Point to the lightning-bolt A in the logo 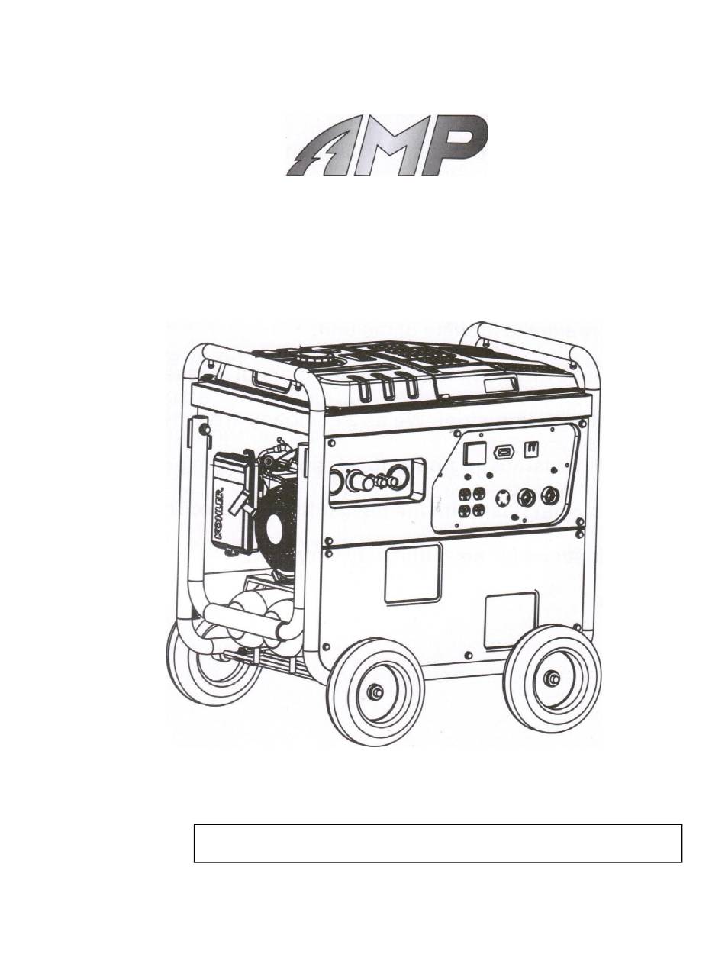(321, 149)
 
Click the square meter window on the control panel (475, 453)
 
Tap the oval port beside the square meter (504, 453)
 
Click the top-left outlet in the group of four (464, 495)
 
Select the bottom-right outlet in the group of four (478, 509)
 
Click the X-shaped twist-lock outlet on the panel (503, 498)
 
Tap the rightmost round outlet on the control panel (549, 495)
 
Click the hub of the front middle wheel (375, 691)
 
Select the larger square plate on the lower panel (412, 574)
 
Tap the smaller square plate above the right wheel (511, 619)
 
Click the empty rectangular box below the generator (437, 843)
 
